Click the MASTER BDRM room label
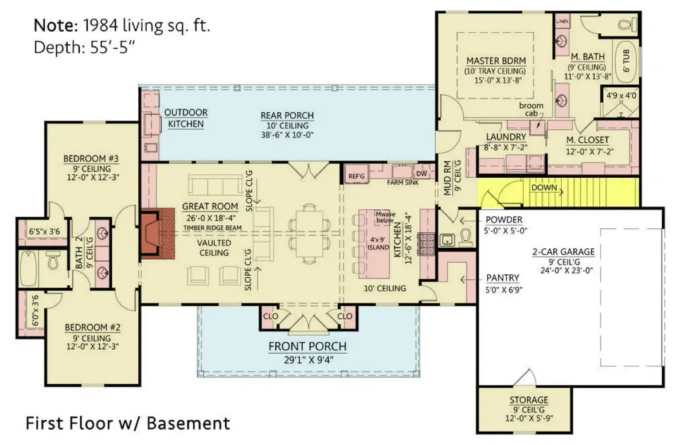(x=496, y=61)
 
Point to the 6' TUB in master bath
(x=627, y=61)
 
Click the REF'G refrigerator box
(x=356, y=175)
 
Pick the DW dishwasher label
(x=422, y=174)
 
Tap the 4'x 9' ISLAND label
(x=378, y=244)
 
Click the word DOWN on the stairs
(x=544, y=188)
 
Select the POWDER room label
(x=504, y=220)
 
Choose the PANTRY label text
(x=502, y=278)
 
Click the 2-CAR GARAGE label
(x=563, y=252)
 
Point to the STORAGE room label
(x=529, y=400)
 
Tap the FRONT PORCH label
(x=307, y=346)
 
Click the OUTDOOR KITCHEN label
(x=186, y=118)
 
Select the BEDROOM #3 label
(x=91, y=159)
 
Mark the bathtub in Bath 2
(x=28, y=269)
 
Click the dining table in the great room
(x=309, y=234)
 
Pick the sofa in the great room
(x=215, y=185)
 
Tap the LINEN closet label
(x=562, y=21)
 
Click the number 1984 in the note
(x=100, y=25)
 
